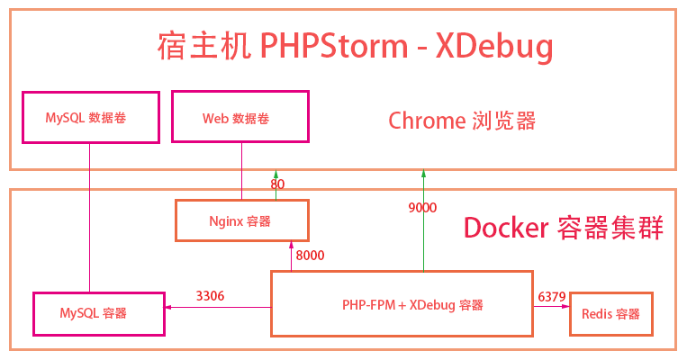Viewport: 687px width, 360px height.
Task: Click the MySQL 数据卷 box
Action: point(90,117)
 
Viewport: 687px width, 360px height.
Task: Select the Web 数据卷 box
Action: point(240,117)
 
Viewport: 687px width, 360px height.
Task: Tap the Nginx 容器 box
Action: point(240,220)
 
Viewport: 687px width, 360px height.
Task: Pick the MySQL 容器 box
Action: point(98,313)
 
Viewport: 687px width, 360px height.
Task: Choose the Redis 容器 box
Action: point(610,313)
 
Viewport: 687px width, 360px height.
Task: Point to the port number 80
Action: point(277,184)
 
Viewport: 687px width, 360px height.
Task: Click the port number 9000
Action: point(422,208)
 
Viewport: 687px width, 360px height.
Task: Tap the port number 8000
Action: point(310,256)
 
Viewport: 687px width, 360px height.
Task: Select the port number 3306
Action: point(211,295)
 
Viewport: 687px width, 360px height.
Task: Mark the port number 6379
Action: point(551,295)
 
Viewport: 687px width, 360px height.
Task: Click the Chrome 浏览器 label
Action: point(462,120)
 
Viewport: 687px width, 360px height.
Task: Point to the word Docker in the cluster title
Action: point(504,228)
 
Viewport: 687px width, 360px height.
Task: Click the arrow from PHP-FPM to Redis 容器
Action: point(551,307)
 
